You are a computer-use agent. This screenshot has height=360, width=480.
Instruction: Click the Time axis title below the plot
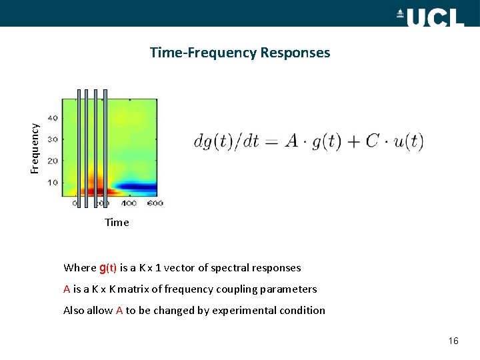coord(117,223)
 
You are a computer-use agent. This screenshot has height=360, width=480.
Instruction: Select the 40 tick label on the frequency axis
coord(53,118)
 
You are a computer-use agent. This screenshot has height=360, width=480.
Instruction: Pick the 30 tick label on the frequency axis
coord(53,139)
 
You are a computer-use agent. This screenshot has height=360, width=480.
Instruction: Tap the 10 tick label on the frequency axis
coord(53,182)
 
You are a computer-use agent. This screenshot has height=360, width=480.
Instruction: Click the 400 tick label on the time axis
coord(128,202)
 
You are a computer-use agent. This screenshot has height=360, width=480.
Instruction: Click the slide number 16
coord(453,341)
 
